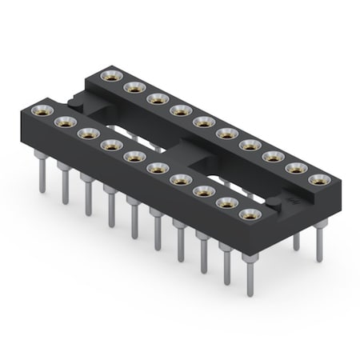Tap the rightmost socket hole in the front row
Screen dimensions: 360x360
[251, 214]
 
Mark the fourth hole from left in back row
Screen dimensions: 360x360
[178, 110]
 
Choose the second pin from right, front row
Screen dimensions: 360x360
[226, 264]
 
